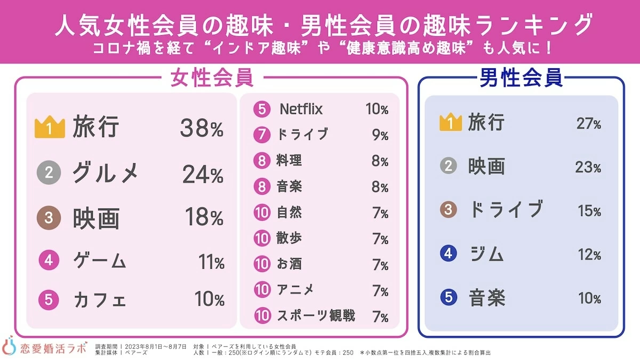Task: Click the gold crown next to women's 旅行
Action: coord(49,127)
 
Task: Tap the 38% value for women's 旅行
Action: coord(202,128)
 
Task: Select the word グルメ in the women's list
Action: coord(106,173)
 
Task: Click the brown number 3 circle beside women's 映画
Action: coord(49,218)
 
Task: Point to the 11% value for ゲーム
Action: coord(211,262)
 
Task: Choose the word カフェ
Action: coord(100,299)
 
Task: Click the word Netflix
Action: coord(301,109)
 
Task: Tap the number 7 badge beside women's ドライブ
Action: coord(262,135)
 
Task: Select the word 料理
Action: coord(290,161)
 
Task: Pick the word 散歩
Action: coord(290,238)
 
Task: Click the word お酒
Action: coord(290,264)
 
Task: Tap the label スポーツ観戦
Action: coord(316,316)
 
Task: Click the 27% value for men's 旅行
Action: coord(588,124)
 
